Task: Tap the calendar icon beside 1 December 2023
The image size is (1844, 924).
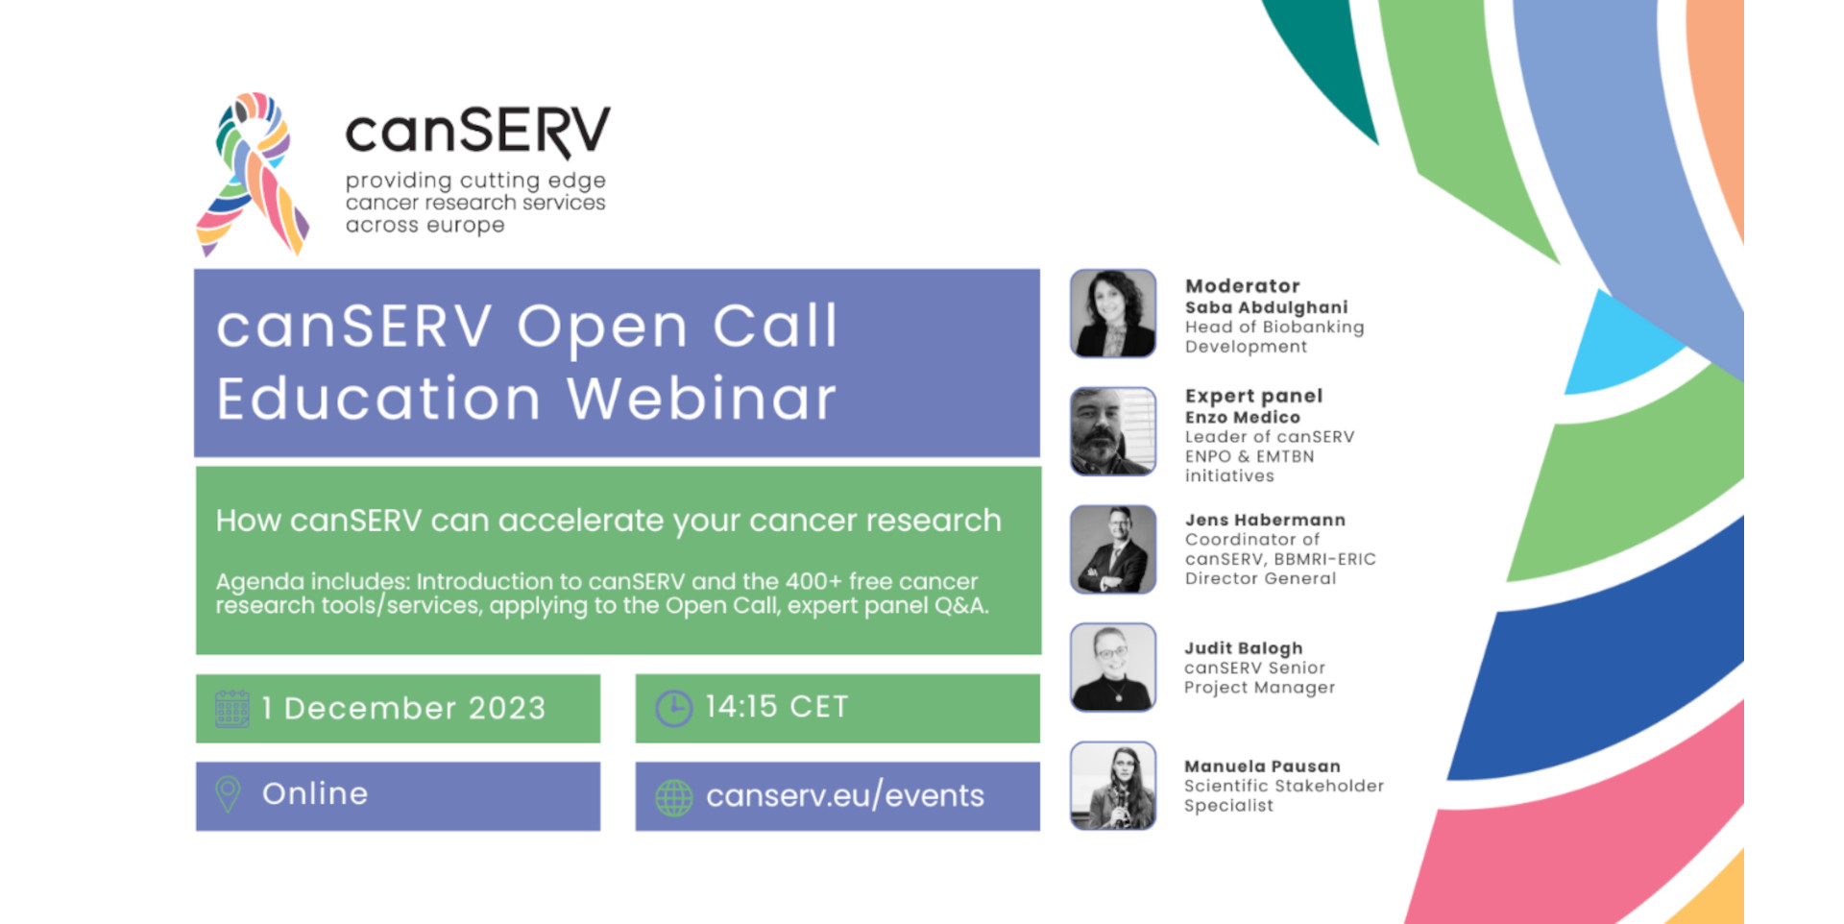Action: click(x=231, y=709)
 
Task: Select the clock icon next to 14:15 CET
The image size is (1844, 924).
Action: click(x=673, y=709)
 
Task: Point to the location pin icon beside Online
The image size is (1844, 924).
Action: click(x=228, y=794)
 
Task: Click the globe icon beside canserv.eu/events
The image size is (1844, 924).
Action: click(x=673, y=797)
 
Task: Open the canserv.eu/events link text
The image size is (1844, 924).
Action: click(x=845, y=795)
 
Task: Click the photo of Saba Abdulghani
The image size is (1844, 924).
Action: click(x=1113, y=313)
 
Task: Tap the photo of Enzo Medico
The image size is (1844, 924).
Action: click(x=1113, y=431)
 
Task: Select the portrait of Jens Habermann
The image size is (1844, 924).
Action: click(x=1113, y=549)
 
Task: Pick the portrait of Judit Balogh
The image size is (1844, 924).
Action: click(x=1113, y=668)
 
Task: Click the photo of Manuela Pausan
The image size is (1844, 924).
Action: click(x=1113, y=786)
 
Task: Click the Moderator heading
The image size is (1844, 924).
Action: click(x=1243, y=286)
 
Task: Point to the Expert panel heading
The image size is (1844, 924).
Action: click(x=1254, y=396)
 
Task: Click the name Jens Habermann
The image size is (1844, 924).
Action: click(x=1265, y=520)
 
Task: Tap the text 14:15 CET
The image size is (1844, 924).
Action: click(x=777, y=707)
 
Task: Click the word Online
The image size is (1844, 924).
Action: click(x=315, y=793)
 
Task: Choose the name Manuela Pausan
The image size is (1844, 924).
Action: click(x=1262, y=766)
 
